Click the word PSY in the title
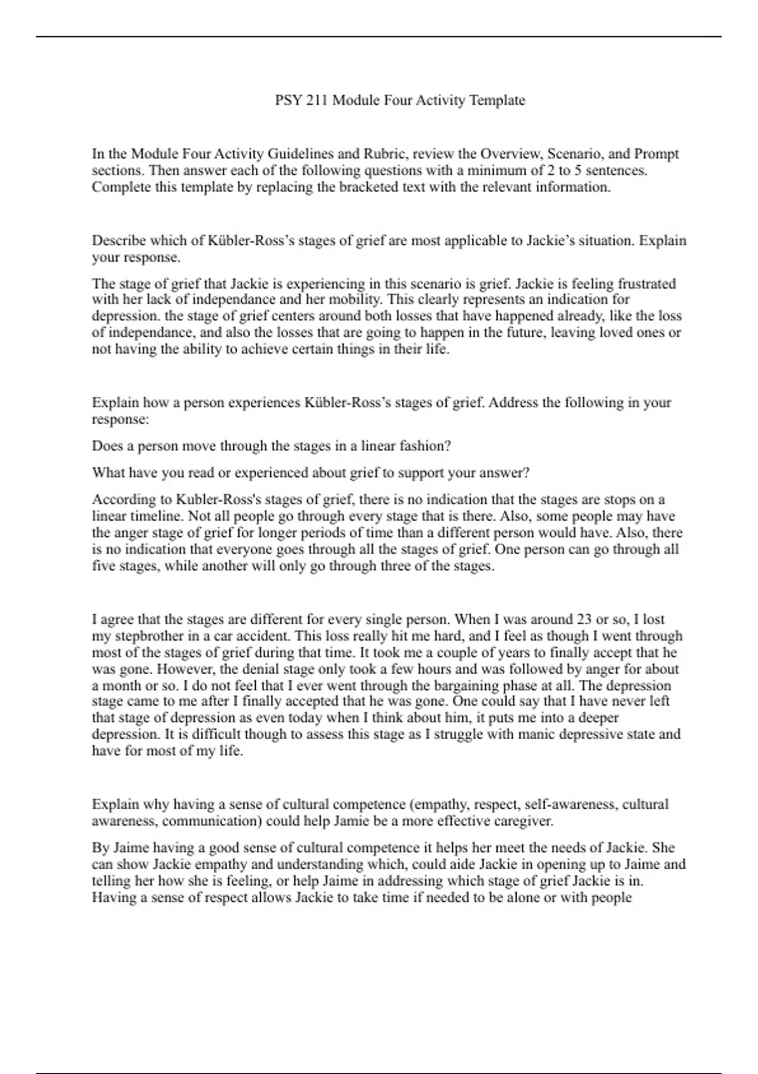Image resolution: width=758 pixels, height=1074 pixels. [x=288, y=100]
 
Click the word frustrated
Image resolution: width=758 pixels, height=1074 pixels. [x=647, y=284]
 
